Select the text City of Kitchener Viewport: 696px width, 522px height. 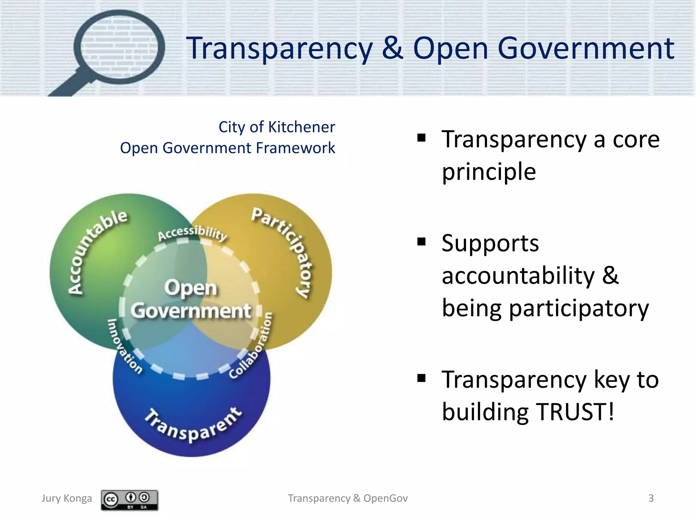[277, 127]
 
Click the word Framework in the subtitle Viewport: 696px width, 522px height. [295, 148]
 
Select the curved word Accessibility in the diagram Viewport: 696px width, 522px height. [192, 233]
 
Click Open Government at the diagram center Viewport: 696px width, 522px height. [191, 299]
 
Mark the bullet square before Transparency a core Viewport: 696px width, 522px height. [421, 138]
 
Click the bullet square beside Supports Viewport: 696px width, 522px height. [421, 242]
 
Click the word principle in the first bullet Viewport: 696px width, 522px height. [489, 172]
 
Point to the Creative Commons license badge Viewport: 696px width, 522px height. [129, 500]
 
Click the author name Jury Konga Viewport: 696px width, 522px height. [67, 498]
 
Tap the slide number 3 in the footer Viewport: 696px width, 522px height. [651, 498]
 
